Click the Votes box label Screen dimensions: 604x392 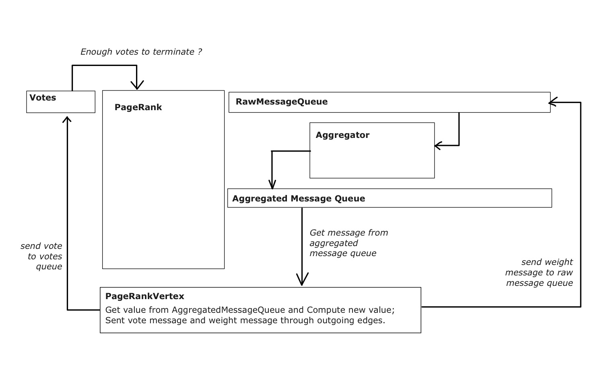tap(43, 98)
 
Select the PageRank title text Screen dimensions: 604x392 tap(138, 107)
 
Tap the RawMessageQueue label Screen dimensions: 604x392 tap(282, 102)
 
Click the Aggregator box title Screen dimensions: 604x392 tap(342, 135)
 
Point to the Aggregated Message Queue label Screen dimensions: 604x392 tap(299, 199)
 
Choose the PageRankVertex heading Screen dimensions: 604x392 tap(144, 296)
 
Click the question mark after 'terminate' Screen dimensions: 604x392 tap(200, 51)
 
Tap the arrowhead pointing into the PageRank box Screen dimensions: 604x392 tap(137, 85)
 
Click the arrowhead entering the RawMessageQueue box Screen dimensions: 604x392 tap(553, 102)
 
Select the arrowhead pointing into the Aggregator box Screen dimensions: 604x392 tap(438, 146)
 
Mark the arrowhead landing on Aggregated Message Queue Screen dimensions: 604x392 tap(272, 185)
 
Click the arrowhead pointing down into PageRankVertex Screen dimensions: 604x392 tap(302, 279)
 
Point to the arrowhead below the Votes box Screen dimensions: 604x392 tap(67, 120)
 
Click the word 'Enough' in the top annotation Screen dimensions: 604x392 tap(96, 52)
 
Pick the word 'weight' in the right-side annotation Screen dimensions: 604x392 tap(559, 262)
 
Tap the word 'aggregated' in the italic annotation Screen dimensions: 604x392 tap(334, 243)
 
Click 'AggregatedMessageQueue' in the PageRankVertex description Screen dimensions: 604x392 tap(229, 310)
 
